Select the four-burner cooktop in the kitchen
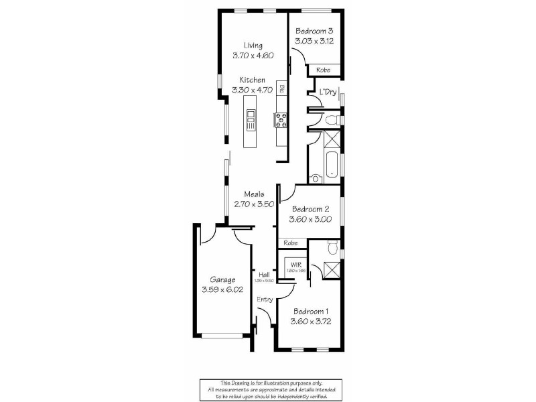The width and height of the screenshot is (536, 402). [281, 120]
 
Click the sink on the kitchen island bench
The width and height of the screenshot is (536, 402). [251, 121]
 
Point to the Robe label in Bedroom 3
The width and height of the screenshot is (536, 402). [323, 69]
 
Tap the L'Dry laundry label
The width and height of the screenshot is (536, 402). [327, 92]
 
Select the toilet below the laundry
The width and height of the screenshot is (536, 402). [331, 119]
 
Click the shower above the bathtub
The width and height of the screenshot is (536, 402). [330, 139]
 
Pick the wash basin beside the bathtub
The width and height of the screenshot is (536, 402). [315, 178]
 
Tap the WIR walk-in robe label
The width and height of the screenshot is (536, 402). [295, 265]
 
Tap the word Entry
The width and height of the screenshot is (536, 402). [265, 299]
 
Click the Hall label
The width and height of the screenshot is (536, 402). [264, 273]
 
